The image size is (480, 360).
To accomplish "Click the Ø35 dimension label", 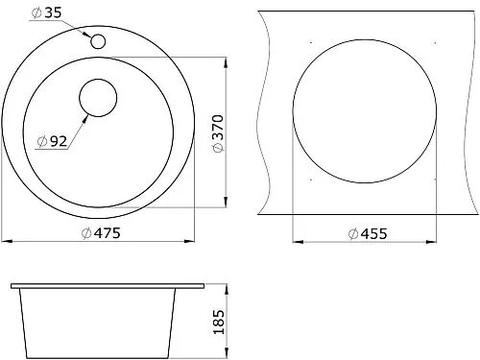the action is point(46,12).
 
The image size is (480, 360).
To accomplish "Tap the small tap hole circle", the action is point(98,41).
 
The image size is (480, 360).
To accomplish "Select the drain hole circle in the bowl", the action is point(98,98).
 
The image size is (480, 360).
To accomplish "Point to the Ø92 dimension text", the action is point(52,141).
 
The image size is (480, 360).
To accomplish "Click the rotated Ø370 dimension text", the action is point(218,133).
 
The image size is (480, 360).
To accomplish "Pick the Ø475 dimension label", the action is point(101,233).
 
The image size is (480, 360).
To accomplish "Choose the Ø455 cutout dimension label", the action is point(368,234).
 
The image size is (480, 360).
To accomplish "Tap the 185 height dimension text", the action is point(219,322).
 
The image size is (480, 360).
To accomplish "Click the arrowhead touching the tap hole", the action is point(86,34).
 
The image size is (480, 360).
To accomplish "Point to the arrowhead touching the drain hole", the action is point(84,120).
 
